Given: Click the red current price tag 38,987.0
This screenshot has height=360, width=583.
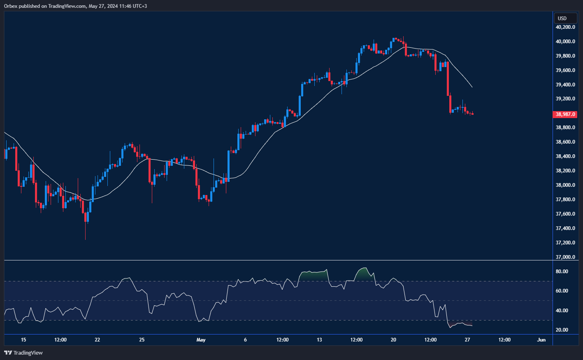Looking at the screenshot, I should click(565, 114).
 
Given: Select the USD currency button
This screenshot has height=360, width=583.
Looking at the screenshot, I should click(562, 18).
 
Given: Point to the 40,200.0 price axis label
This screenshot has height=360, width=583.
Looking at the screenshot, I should click(565, 27).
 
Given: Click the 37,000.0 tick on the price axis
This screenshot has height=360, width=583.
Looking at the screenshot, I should click(565, 257).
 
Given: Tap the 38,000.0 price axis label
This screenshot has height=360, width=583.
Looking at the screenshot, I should click(565, 185).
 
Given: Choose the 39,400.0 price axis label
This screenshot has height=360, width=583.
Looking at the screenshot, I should click(565, 85).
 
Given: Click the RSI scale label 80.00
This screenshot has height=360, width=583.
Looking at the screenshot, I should click(562, 272).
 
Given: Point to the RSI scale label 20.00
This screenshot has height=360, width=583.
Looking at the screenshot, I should click(562, 330).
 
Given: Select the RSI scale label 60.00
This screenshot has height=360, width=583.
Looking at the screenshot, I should click(562, 291).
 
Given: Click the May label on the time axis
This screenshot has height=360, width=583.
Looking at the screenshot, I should click(201, 340).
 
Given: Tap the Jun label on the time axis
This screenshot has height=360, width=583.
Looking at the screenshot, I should click(541, 340).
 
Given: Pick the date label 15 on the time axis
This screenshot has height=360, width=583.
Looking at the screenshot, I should click(23, 340).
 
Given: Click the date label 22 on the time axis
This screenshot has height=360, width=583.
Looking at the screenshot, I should click(98, 340).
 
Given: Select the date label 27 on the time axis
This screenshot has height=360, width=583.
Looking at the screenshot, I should click(467, 340).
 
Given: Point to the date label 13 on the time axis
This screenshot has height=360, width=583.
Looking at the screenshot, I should click(319, 340).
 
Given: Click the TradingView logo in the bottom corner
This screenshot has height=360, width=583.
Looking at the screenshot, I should click(23, 353).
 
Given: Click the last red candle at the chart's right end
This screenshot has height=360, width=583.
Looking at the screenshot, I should click(473, 114).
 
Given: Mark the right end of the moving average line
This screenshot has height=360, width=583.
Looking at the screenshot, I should click(472, 87).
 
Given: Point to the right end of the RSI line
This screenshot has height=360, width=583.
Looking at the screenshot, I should click(472, 326).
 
